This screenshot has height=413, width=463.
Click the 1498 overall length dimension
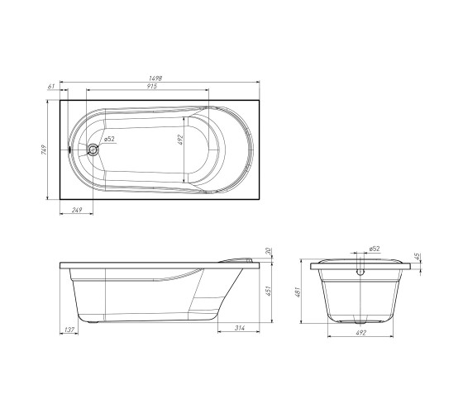pyautogui.click(x=155, y=78)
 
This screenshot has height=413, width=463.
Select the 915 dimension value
pyautogui.click(x=152, y=86)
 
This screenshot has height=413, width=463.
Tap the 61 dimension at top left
pyautogui.click(x=51, y=86)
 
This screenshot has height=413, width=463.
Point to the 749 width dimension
pyautogui.click(x=44, y=150)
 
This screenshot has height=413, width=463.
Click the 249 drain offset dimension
pyautogui.click(x=77, y=210)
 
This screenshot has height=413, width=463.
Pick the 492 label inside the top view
pyautogui.click(x=181, y=140)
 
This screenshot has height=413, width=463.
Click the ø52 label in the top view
pyautogui.click(x=109, y=139)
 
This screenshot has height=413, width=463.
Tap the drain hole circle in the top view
pyautogui.click(x=93, y=150)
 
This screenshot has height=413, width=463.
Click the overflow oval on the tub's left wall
pyautogui.click(x=69, y=150)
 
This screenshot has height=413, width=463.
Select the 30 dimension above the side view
pyautogui.click(x=269, y=251)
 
